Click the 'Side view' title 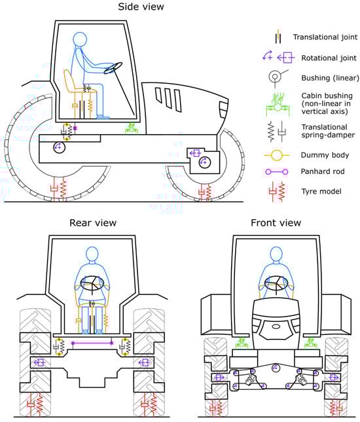tap(141, 7)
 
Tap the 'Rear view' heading tap(93, 223)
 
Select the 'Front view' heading tap(276, 223)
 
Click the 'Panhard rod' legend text tap(323, 171)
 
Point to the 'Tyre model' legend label tap(321, 191)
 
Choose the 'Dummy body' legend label tap(325, 155)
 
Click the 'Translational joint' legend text tap(325, 37)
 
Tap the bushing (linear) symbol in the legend tap(277, 78)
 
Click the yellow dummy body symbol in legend tap(276, 155)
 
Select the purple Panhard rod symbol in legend tap(276, 171)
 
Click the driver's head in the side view tap(80, 39)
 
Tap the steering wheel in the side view tap(113, 68)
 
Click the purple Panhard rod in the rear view tap(92, 343)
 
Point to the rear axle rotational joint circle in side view tap(60, 147)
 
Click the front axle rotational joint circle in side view tap(204, 162)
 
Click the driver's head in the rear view tap(92, 253)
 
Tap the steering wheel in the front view tap(276, 283)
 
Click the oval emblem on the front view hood tap(276, 326)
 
